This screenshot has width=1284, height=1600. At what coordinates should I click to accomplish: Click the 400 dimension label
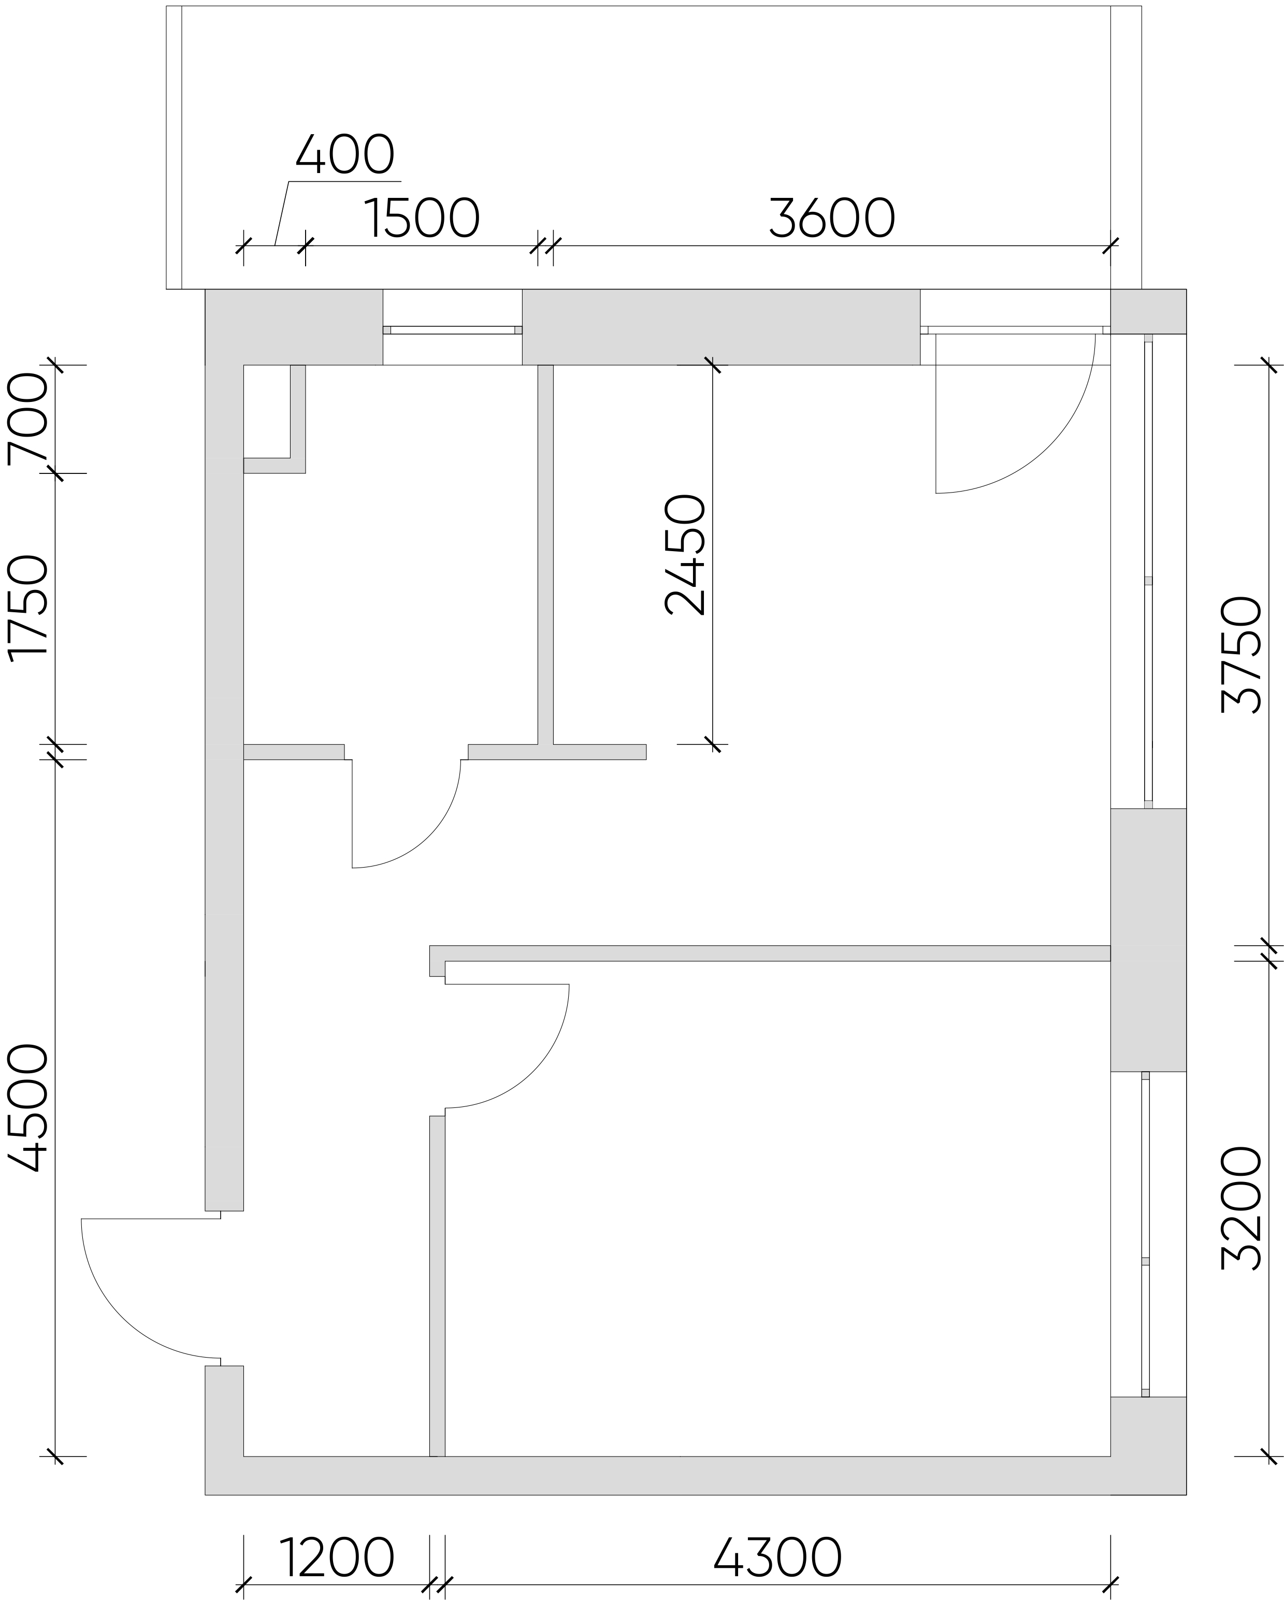[344, 154]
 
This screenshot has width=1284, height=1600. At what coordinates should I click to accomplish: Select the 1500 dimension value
[422, 219]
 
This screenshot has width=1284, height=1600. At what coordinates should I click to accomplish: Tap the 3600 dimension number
[831, 219]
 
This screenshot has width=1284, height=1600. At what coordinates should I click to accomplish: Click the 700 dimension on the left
[27, 420]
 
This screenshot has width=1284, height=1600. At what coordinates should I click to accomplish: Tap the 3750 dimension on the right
[1241, 655]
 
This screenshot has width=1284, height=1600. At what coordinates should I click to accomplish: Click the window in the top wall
[453, 329]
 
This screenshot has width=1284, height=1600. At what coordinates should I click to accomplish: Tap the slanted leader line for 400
[282, 213]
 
